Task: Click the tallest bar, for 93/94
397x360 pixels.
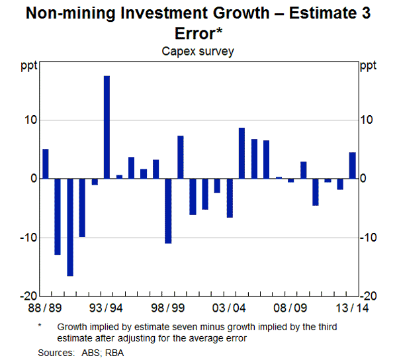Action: [107, 127]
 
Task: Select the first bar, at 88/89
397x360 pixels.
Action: [45, 163]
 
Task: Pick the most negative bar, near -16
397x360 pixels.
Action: [70, 227]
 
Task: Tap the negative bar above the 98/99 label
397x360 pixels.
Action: [168, 211]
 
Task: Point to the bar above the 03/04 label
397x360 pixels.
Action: [230, 198]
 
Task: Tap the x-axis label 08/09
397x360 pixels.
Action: [291, 308]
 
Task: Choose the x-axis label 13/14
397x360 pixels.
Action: [352, 308]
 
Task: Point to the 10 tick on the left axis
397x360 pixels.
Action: [30, 120]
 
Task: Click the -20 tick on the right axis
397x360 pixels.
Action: [369, 296]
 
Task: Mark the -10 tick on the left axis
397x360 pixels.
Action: [28, 238]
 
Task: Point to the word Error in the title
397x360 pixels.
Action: [195, 33]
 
